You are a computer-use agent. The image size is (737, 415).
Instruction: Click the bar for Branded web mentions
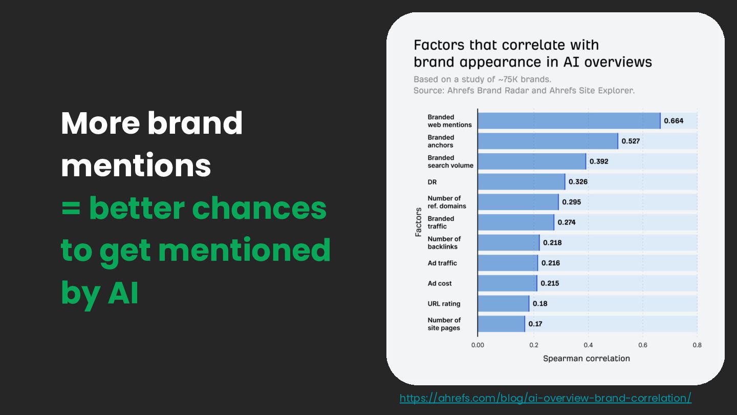[569, 121]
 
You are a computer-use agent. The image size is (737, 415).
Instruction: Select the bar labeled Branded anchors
[548, 141]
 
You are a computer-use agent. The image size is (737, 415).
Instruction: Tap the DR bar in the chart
[522, 182]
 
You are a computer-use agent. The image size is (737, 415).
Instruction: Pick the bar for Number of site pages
[502, 324]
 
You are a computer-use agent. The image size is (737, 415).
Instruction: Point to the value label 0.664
[674, 121]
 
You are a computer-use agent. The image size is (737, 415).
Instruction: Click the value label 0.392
[599, 161]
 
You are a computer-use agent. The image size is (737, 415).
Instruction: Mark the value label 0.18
[540, 303]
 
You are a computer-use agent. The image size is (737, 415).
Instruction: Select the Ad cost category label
[440, 283]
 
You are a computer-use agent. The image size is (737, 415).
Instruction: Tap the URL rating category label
[444, 304]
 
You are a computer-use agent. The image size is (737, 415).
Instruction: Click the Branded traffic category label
[441, 222]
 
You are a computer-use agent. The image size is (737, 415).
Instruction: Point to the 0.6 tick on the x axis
[643, 345]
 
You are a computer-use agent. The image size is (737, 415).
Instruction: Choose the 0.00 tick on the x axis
[478, 345]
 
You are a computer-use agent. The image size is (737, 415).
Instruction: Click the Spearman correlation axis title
[587, 358]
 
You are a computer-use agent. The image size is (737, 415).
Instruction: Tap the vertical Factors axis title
[418, 222]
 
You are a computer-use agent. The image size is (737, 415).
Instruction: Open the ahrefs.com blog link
[546, 398]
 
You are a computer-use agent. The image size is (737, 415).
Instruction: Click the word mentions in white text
[136, 165]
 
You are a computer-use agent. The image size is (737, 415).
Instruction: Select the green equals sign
[71, 208]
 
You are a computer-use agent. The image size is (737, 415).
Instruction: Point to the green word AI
[123, 293]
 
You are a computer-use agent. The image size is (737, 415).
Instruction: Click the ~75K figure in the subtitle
[509, 79]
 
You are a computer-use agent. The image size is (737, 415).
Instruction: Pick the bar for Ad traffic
[508, 263]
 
